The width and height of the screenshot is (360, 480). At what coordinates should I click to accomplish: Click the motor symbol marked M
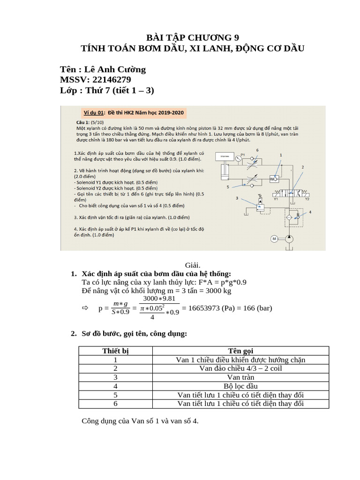(274, 239)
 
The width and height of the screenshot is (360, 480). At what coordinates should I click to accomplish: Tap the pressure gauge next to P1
(238, 158)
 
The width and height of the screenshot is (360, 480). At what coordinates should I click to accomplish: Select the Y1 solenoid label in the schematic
(276, 199)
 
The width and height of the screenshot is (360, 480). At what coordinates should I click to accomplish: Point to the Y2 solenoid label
(307, 199)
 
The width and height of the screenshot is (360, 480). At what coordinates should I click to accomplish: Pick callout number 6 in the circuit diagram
(257, 150)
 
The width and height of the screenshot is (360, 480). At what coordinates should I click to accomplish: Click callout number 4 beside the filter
(310, 212)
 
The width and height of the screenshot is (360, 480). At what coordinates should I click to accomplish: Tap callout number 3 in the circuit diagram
(237, 198)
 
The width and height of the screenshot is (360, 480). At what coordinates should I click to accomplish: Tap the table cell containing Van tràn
(240, 377)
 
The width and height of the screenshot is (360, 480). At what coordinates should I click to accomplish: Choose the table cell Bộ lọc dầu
(240, 386)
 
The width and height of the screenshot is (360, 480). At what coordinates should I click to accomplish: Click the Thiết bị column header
(115, 351)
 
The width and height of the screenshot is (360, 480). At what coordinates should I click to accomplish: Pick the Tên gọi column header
(240, 351)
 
